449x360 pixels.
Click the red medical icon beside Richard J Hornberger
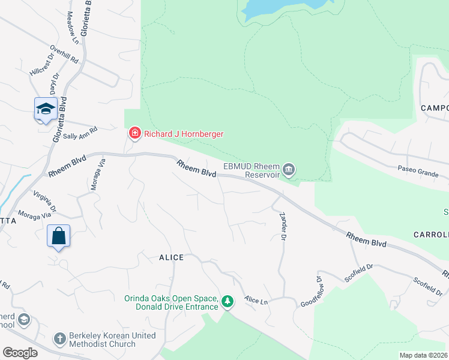134,133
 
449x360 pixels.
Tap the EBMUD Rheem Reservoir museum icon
289,170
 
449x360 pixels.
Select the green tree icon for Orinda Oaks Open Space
227,301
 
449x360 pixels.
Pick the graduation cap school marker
46,109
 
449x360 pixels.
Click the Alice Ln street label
256,299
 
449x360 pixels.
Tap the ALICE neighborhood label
171,257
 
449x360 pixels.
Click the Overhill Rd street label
65,55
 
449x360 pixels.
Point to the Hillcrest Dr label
41,66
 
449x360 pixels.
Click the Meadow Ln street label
73,28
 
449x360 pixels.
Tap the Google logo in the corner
20,353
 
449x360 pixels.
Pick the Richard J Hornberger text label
183,134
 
